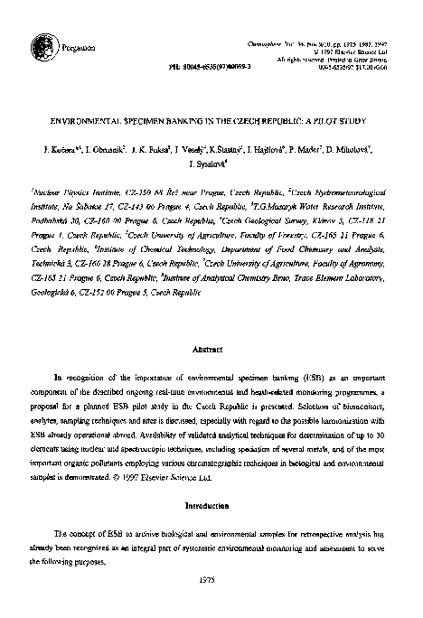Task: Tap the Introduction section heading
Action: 211,507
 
